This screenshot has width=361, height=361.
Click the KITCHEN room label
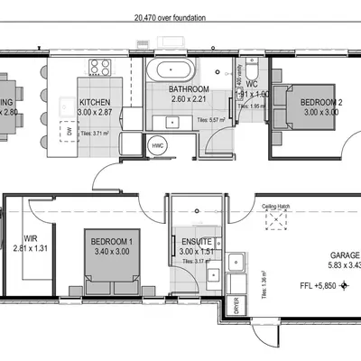click(95, 103)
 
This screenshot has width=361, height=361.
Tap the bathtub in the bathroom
click(171, 70)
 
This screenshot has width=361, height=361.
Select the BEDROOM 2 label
click(320, 103)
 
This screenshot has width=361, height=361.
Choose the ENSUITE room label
click(196, 242)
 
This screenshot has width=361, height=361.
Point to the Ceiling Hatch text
click(275, 207)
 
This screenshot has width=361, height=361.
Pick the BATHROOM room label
click(189, 89)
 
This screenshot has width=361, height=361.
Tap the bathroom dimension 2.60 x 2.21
click(189, 99)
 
